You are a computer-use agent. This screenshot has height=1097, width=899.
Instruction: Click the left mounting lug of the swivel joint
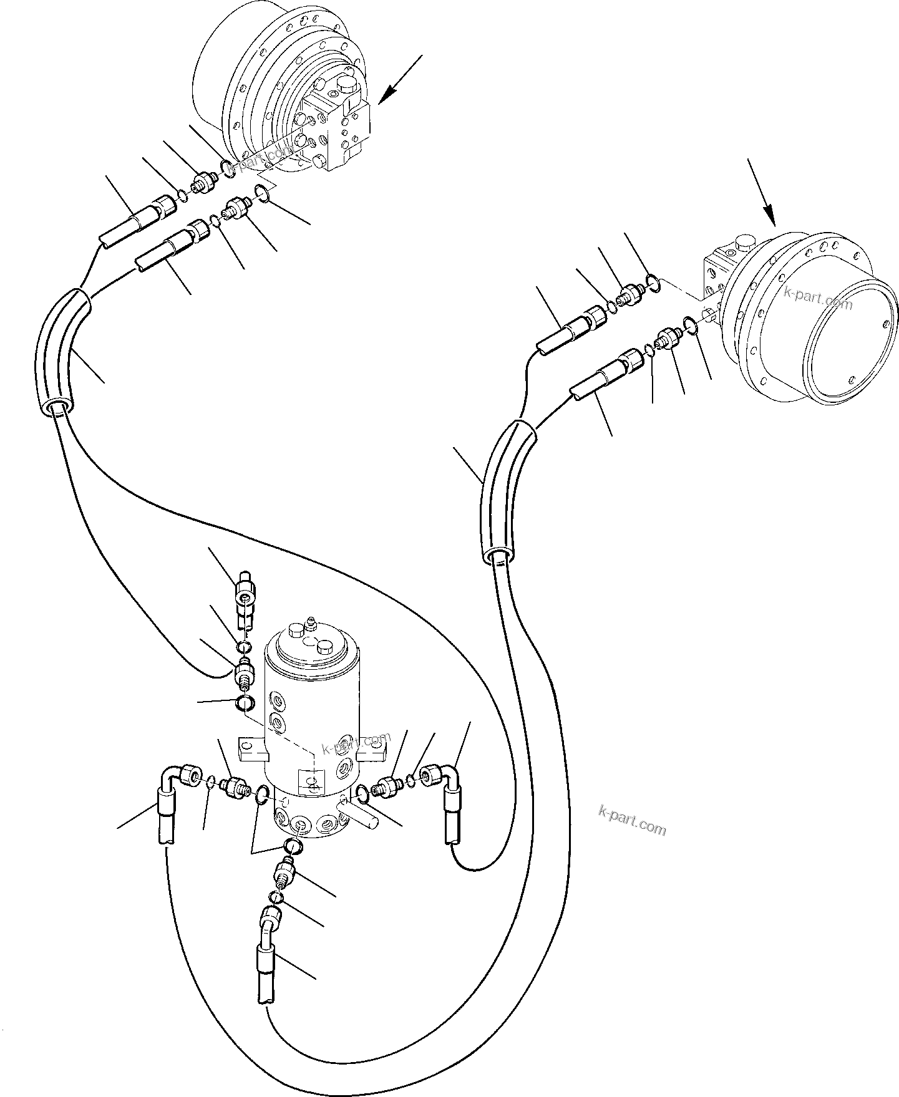pos(252,749)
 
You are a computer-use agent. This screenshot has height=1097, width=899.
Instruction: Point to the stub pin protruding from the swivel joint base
pos(360,815)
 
